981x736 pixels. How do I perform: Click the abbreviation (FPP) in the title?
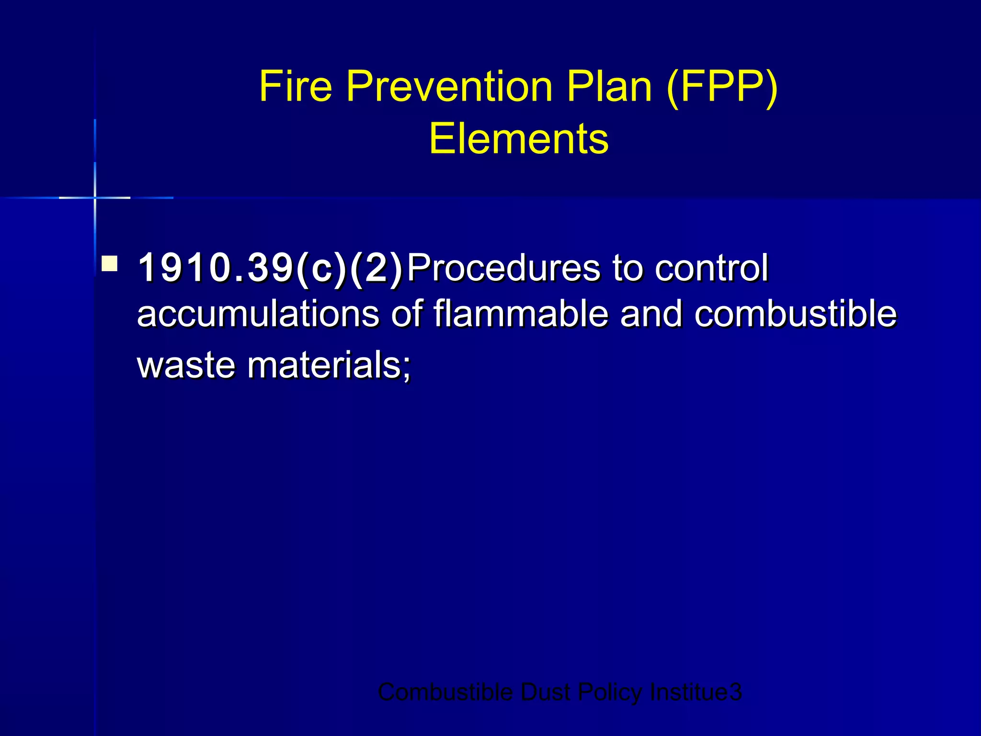coord(722,87)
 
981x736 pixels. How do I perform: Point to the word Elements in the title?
coord(519,139)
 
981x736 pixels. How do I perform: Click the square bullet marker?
coord(110,264)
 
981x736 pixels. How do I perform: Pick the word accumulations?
coord(258,314)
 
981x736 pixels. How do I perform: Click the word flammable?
coord(520,314)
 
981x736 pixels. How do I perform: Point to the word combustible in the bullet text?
coord(796,314)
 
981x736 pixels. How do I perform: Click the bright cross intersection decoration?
coord(95,197)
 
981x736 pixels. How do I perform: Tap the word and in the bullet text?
coord(651,314)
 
